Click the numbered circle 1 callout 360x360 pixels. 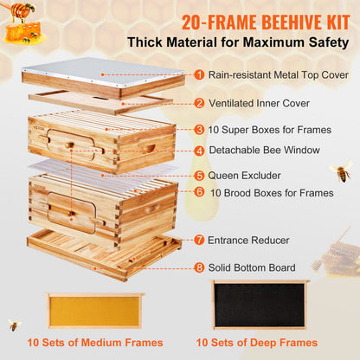click(x=199, y=75)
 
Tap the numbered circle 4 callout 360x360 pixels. click(x=199, y=151)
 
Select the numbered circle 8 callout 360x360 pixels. click(x=199, y=267)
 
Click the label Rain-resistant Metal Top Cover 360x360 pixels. click(x=275, y=75)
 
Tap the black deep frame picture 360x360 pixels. click(x=259, y=305)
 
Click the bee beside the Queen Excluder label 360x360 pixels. click(x=339, y=172)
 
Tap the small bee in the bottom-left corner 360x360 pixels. click(x=14, y=325)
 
